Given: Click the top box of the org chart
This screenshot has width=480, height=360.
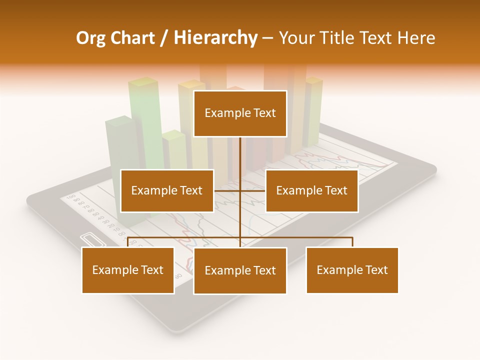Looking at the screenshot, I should [240, 113].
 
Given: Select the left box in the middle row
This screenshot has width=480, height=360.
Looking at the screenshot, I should [167, 190].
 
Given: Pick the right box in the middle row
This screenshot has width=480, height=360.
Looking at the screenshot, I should [311, 190].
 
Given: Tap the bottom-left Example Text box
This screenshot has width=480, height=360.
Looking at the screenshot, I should [128, 270].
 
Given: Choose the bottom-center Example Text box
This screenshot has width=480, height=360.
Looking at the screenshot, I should [240, 270].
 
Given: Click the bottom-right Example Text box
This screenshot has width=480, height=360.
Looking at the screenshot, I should [352, 270].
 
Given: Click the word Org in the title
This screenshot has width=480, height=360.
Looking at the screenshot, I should [90, 38].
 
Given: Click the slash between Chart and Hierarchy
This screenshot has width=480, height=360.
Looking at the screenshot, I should [164, 38].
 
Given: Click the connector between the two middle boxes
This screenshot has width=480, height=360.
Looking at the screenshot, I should [239, 190].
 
